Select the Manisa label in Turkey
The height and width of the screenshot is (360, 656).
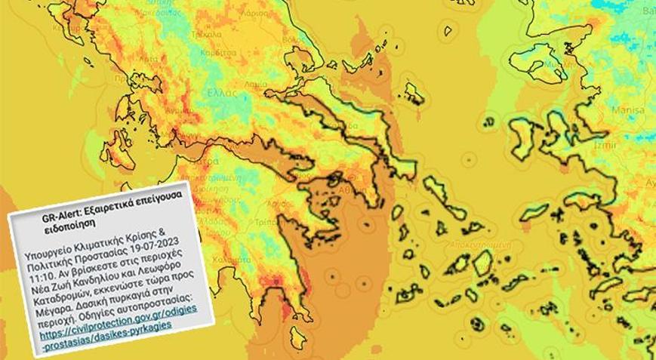(628, 109)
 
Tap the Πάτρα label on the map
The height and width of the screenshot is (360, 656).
(199, 161)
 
